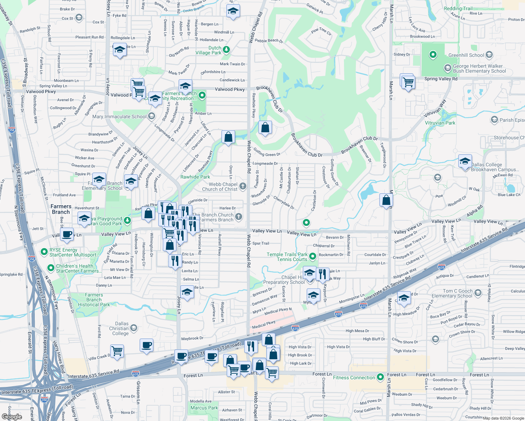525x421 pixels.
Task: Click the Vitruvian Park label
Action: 440,123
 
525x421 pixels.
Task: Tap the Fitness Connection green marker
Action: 380,377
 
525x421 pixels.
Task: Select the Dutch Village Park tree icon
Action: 226,50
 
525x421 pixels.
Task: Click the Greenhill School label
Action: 466,55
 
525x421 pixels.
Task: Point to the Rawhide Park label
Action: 195,177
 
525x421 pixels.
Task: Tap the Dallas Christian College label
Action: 119,328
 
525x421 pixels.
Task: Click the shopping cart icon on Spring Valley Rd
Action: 408,83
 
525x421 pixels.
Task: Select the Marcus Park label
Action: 204,408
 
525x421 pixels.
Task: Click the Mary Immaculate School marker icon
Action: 151,116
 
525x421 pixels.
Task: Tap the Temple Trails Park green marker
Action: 312,256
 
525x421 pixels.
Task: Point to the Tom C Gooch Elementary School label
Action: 452,293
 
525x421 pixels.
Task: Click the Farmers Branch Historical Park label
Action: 94,300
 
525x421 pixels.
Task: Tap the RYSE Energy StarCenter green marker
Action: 44,252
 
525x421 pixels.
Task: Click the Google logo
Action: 12,417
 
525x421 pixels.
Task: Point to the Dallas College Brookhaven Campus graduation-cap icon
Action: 465,161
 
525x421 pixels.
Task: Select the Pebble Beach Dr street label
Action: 269,41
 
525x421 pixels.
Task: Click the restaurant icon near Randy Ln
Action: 175,261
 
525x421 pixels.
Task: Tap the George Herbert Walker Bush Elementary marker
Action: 447,68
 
